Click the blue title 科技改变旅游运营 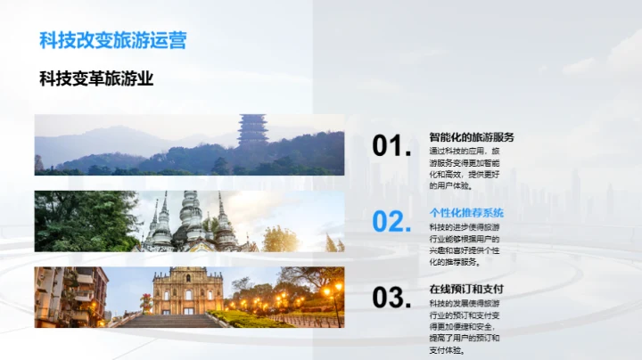[x=113, y=41]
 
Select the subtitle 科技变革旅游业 [x=97, y=79]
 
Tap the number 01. [x=391, y=146]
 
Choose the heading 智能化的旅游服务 [x=472, y=137]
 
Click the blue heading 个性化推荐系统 [x=466, y=213]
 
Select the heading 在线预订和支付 [x=466, y=290]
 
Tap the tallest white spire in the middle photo [x=190, y=219]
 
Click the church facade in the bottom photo [x=187, y=292]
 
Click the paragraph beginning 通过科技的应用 [x=464, y=168]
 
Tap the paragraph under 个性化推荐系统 [x=464, y=244]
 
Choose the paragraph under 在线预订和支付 [x=464, y=326]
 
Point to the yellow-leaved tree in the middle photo [x=280, y=239]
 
